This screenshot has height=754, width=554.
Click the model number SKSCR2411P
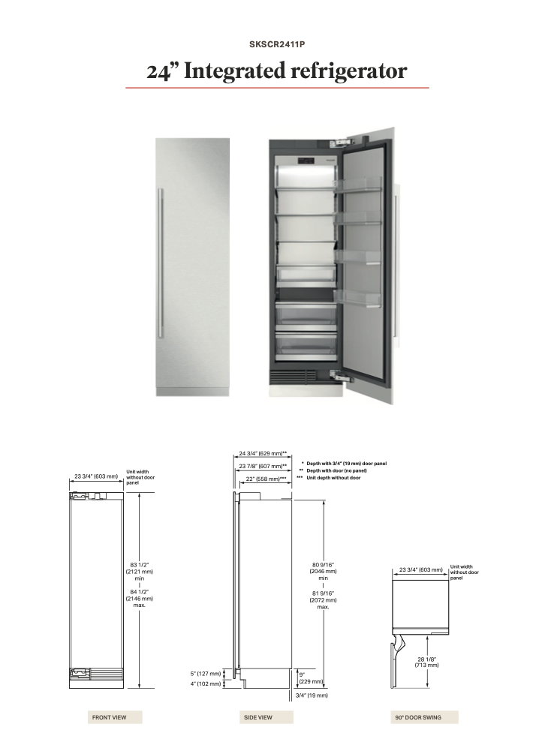pos(277,44)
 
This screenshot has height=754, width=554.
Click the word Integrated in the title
pos(234,71)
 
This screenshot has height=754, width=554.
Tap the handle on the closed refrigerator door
pos(161,263)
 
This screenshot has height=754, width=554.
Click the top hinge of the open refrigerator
pos(341,143)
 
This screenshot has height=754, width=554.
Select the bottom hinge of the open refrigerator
pos(341,376)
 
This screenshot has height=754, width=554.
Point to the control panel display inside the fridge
pos(306,161)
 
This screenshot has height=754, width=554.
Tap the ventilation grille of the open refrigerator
pos(292,375)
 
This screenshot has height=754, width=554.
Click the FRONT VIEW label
pos(110,717)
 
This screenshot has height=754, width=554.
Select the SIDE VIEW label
pos(258,717)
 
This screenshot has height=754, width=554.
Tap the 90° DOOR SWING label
pos(418,717)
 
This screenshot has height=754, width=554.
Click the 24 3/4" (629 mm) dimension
pos(263,453)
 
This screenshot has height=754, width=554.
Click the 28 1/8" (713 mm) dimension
pos(427,662)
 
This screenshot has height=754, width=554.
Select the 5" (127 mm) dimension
pos(206,674)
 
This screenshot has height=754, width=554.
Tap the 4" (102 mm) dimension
pos(206,683)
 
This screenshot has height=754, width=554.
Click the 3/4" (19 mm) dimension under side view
pos(312,695)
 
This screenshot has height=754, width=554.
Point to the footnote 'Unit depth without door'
pos(333,478)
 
